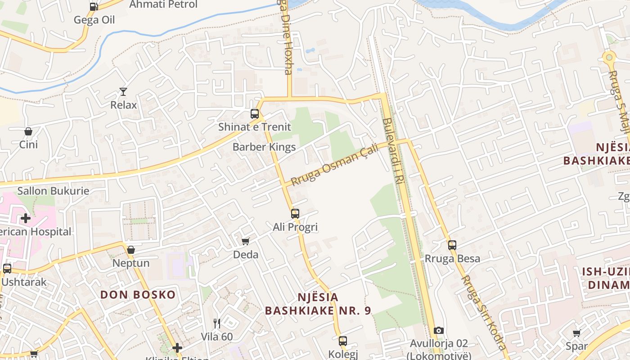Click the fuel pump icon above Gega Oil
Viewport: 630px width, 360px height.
coord(94,7)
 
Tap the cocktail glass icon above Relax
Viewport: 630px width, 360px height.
coord(123,92)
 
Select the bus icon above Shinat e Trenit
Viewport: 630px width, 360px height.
coord(255,114)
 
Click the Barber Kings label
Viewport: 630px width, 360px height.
coord(264,147)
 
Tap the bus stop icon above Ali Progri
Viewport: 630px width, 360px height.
coord(295,214)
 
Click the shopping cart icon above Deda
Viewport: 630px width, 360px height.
coord(246,242)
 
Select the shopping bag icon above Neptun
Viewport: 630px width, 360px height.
coord(131,250)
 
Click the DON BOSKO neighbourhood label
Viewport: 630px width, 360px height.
coord(138,295)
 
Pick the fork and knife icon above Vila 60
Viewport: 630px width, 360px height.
coord(217,323)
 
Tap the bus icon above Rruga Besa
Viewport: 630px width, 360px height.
coord(452,245)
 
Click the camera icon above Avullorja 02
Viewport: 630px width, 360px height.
coord(439,331)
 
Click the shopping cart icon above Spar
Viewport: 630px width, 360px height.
coord(576,333)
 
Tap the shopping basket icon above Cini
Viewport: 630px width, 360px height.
coord(28,131)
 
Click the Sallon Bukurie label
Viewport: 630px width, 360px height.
coord(53,191)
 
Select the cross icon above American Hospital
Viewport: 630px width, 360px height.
coord(26,219)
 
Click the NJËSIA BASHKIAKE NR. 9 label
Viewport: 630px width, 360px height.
coord(318,304)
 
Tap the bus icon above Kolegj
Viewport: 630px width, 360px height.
coord(343,341)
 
